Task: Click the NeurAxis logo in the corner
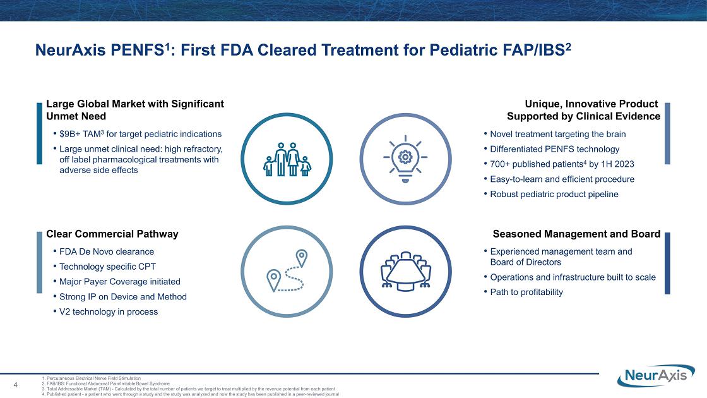[656, 375]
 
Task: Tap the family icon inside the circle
[287, 159]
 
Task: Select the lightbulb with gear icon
[405, 159]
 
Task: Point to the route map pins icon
[287, 271]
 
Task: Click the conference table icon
[405, 271]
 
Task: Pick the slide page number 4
[16, 385]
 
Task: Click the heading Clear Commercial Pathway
[112, 234]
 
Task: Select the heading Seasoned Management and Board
[576, 234]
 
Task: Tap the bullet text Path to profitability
[526, 292]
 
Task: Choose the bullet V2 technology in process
[109, 311]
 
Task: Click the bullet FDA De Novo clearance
[107, 251]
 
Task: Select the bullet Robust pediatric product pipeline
[554, 194]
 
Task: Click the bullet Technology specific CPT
[107, 266]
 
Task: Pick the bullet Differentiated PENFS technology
[555, 149]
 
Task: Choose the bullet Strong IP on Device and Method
[122, 296]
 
